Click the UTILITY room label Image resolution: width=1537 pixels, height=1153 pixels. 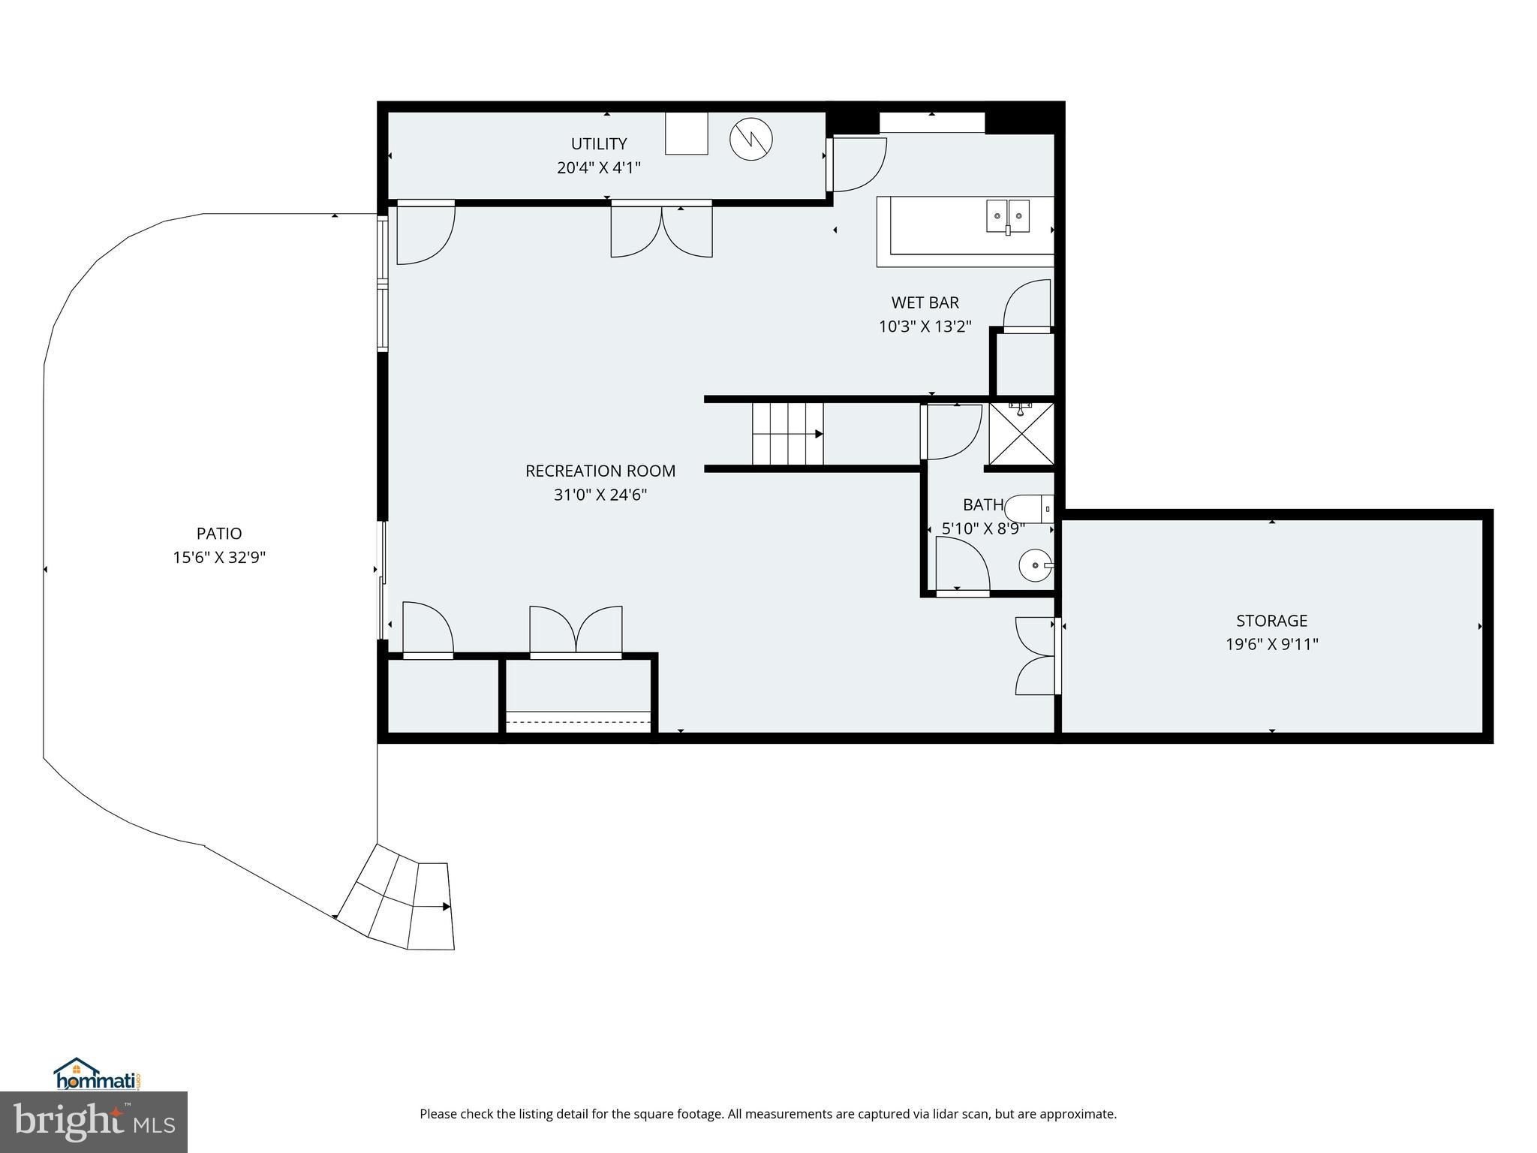click(x=599, y=143)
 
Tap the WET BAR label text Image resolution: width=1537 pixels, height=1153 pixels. click(x=925, y=303)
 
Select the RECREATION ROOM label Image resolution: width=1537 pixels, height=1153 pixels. click(x=600, y=471)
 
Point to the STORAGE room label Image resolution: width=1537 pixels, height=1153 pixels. click(x=1271, y=620)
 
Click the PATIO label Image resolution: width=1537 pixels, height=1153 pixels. click(x=219, y=534)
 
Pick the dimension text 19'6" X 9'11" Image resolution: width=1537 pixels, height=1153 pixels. click(x=1271, y=644)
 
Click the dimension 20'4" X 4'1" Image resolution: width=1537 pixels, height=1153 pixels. click(x=599, y=167)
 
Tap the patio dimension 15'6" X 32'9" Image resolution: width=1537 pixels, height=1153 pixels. click(x=219, y=558)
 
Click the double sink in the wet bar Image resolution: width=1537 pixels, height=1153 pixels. click(x=1007, y=217)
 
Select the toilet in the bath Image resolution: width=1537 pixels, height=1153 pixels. click(x=1029, y=509)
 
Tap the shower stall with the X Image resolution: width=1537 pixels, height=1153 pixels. click(x=1021, y=434)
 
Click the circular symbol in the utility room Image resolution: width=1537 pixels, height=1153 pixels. click(x=751, y=140)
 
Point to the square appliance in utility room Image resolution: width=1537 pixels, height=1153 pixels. click(x=687, y=134)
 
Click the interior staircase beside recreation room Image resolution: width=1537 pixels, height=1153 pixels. click(x=788, y=434)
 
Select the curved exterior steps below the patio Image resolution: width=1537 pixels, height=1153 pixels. click(x=396, y=898)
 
